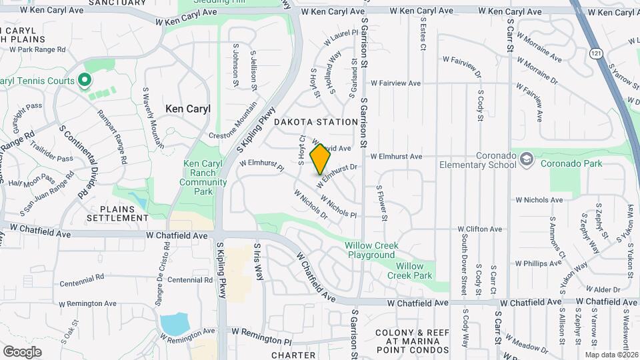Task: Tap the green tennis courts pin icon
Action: [84, 81]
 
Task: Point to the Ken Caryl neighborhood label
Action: [187, 109]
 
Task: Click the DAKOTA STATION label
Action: [316, 122]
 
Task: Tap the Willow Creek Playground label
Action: [371, 250]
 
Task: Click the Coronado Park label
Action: [571, 163]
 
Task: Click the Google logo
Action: [22, 351]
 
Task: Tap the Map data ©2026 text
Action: [611, 354]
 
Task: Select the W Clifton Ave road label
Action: [480, 229]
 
